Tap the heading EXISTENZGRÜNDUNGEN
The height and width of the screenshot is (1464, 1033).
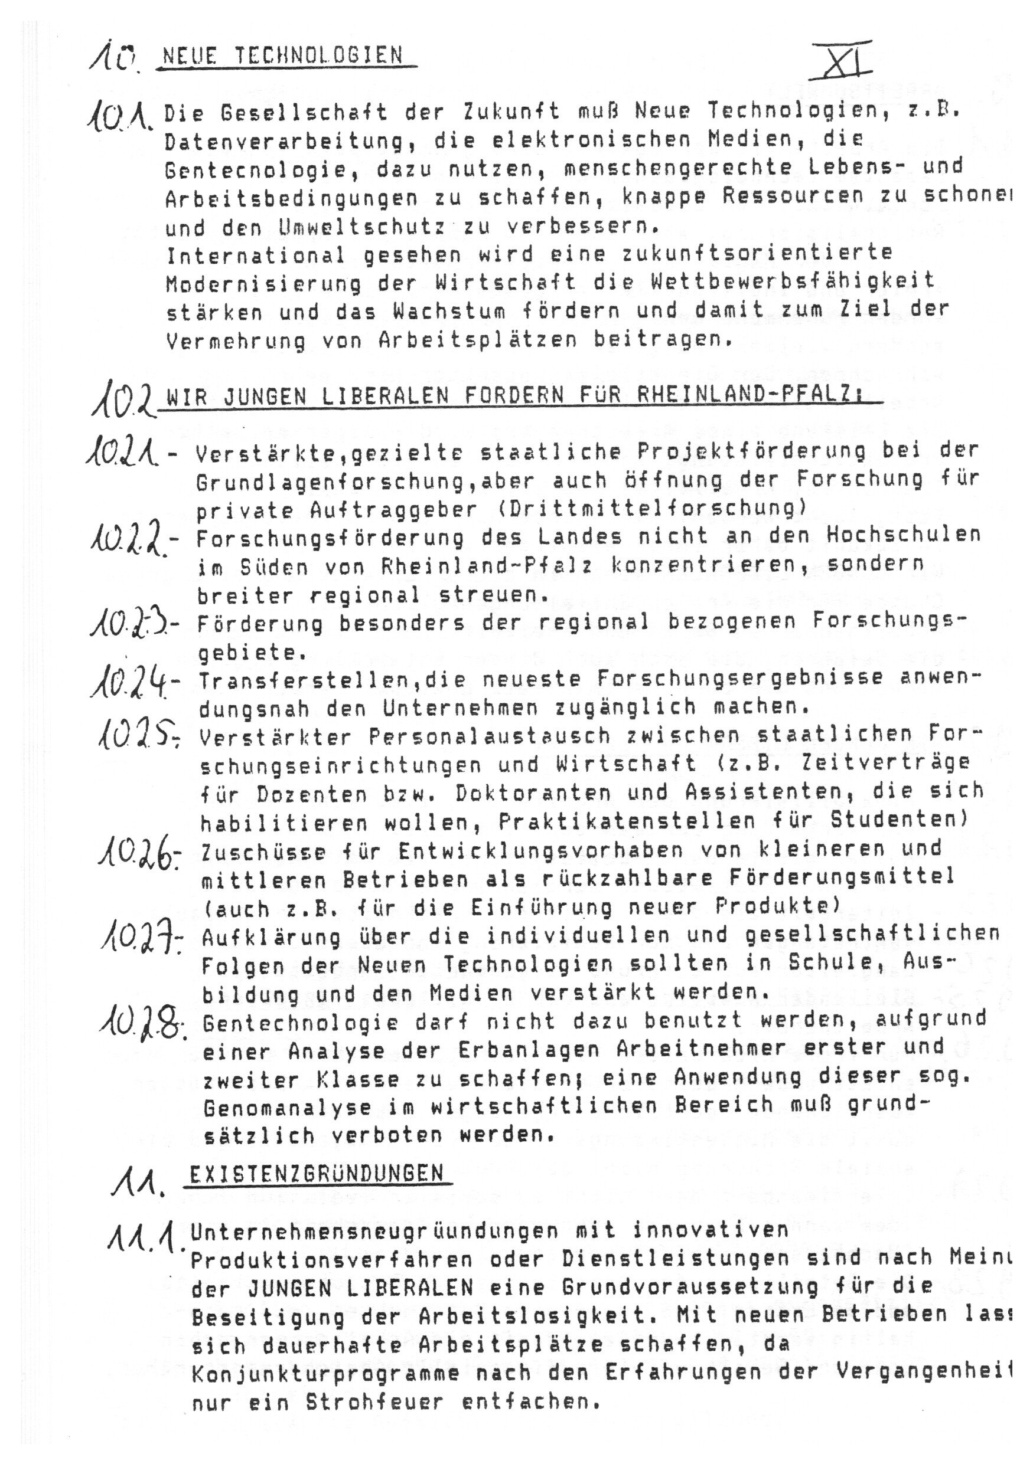point(316,1173)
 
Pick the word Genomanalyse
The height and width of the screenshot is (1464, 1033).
point(287,1106)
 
